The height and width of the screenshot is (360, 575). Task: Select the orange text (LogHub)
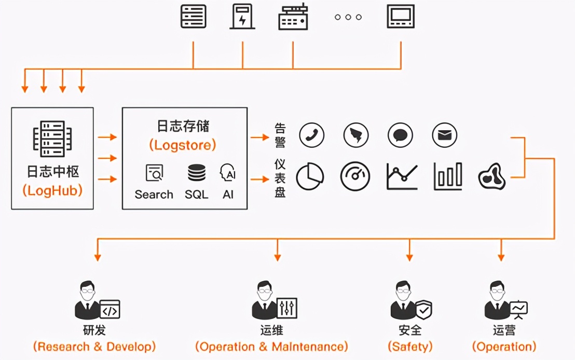52,190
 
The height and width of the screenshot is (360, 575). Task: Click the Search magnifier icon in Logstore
154,173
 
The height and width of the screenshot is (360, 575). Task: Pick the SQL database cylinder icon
197,173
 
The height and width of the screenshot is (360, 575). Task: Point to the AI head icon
228,173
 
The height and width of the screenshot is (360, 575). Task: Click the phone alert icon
311,136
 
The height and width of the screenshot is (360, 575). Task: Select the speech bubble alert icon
400,136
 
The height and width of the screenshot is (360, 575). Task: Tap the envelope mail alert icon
444,136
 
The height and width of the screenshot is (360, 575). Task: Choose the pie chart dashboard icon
310,176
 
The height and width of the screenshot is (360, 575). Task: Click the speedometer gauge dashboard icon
355,176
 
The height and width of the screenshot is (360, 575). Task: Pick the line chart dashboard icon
402,176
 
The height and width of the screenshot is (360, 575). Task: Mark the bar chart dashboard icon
447,176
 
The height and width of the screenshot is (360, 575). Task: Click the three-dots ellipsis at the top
348,17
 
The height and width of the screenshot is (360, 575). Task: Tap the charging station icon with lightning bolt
242,17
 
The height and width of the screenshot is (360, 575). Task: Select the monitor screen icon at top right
401,17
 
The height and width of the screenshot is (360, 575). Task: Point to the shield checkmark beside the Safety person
423,309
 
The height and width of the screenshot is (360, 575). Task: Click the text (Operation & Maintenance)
271,347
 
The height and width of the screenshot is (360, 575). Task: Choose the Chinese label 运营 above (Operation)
504,330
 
